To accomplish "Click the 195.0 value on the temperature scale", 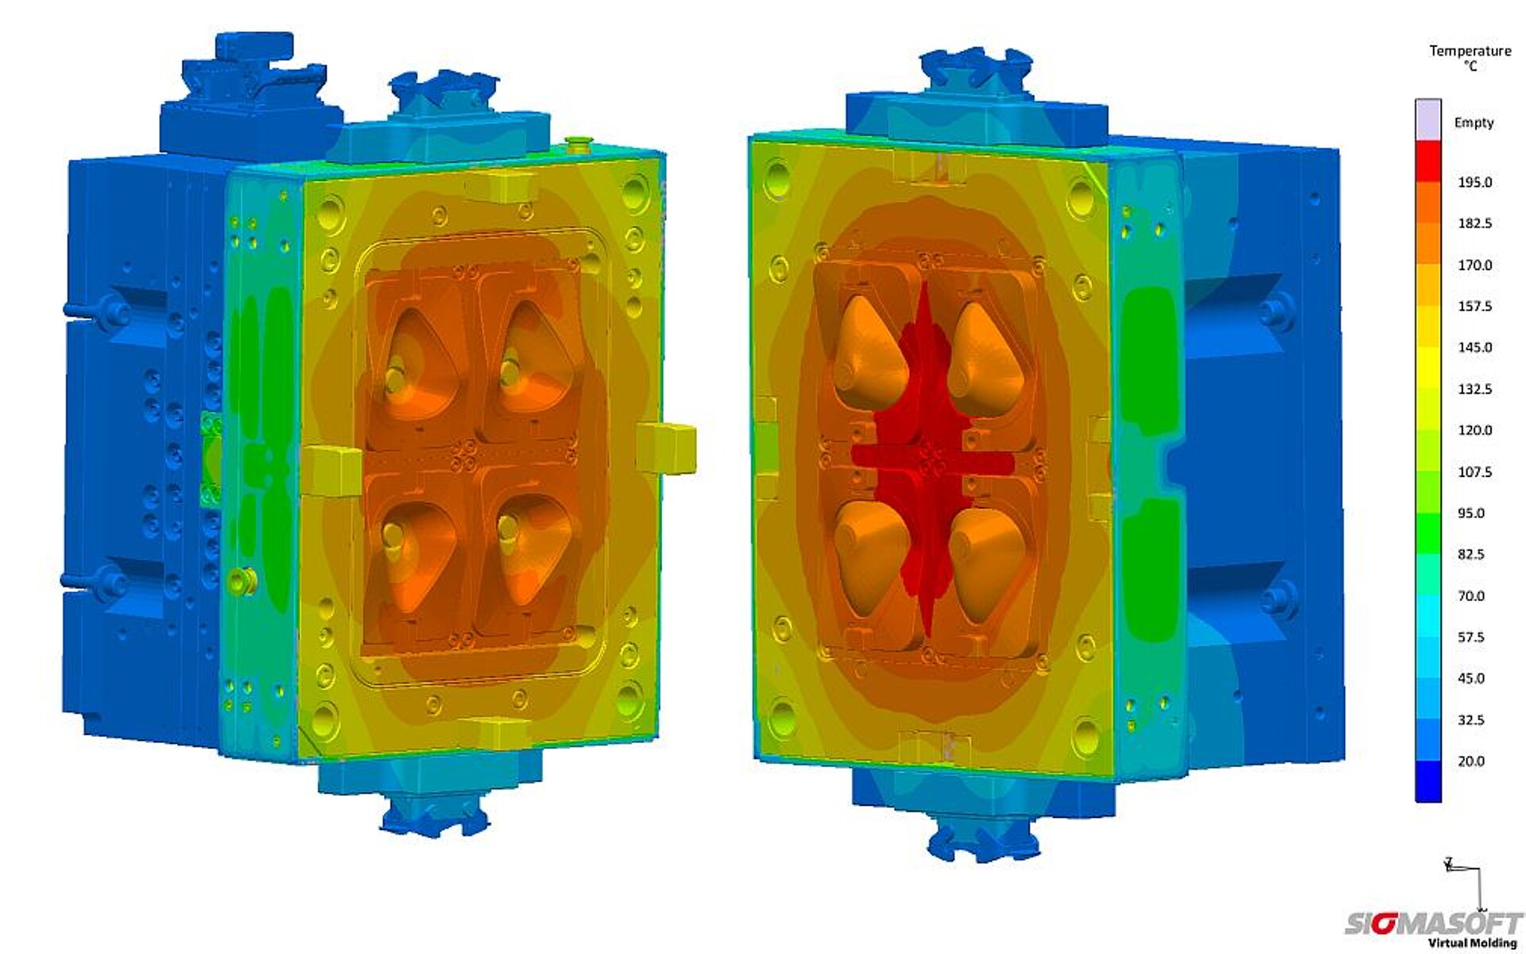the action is click(x=1474, y=182).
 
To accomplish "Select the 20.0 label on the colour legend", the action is click(x=1471, y=761).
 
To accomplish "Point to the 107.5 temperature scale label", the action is click(x=1474, y=471).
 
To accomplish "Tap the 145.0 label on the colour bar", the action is click(x=1474, y=347).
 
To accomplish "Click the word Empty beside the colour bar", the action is click(x=1474, y=122).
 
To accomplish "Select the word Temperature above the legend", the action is click(x=1470, y=51).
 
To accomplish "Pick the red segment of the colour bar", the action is click(x=1428, y=161).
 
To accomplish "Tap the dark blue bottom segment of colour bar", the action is click(x=1428, y=781).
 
